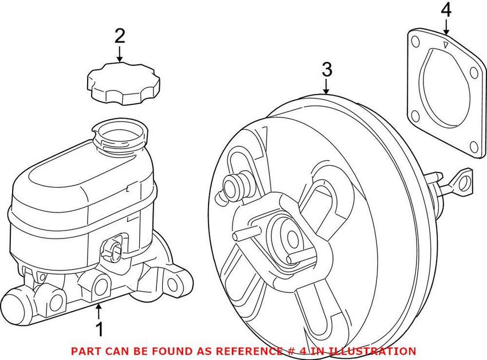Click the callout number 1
pos(99,330)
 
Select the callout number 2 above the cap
pos(119,36)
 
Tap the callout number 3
pos(326,70)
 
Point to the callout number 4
pos(446,10)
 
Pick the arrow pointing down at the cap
pos(119,54)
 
